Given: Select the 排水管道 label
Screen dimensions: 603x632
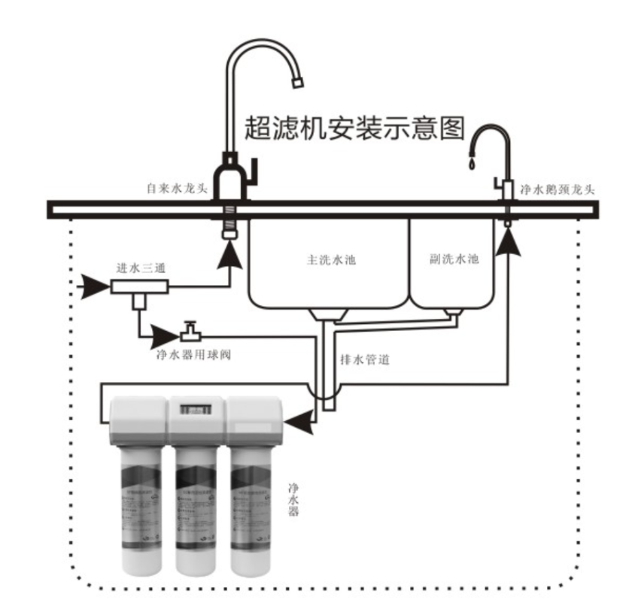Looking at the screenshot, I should (366, 359).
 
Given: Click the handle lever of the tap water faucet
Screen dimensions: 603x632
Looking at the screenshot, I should (254, 169).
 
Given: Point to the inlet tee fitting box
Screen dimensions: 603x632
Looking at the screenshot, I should (138, 287).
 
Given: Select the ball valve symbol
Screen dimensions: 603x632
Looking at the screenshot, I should (191, 332).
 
